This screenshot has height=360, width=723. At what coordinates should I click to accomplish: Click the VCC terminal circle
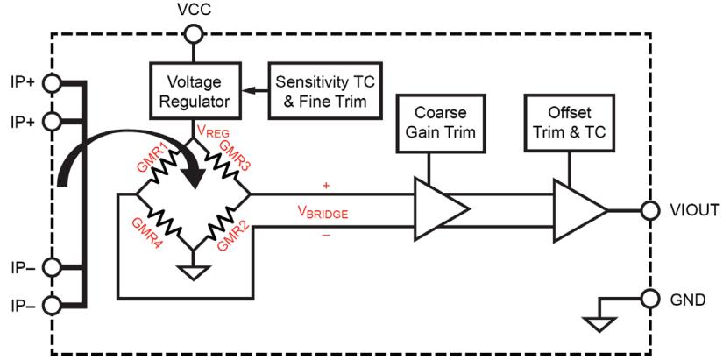click(193, 33)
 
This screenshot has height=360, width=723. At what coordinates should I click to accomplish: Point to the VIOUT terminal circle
click(649, 210)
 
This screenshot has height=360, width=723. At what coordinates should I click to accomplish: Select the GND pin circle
click(649, 299)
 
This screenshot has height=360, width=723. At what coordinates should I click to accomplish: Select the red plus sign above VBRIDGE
click(327, 186)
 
